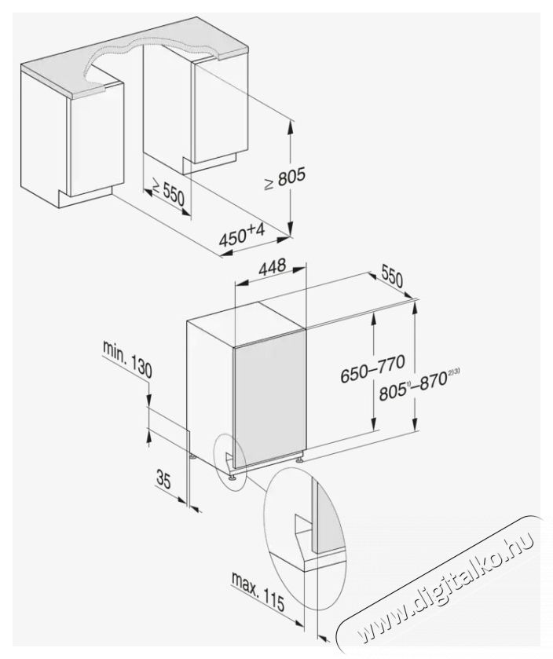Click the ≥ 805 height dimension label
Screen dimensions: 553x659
[284, 178]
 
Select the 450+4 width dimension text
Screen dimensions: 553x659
[242, 236]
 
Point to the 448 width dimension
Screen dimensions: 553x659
[272, 267]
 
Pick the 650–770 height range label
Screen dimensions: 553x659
[372, 368]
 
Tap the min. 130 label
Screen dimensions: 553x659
[127, 359]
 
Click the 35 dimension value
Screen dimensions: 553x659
[163, 480]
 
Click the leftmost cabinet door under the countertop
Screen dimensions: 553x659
[95, 140]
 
